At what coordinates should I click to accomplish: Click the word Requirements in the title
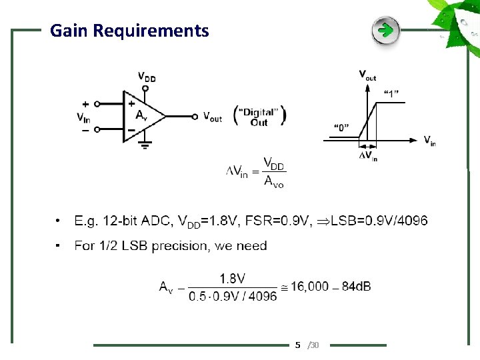(151, 31)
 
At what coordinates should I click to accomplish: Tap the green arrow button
(385, 30)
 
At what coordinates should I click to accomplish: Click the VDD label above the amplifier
(147, 76)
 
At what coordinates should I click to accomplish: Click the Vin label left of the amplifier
(84, 118)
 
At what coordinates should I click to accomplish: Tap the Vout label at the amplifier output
(213, 117)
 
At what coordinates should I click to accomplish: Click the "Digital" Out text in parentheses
(260, 116)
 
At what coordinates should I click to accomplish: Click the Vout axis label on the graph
(367, 75)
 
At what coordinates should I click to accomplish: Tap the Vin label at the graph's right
(430, 140)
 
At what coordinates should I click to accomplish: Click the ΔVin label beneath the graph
(368, 157)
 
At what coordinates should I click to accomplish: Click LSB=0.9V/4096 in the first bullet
(379, 221)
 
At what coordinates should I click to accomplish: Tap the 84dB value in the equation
(356, 286)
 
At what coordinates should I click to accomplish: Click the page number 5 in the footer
(298, 345)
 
